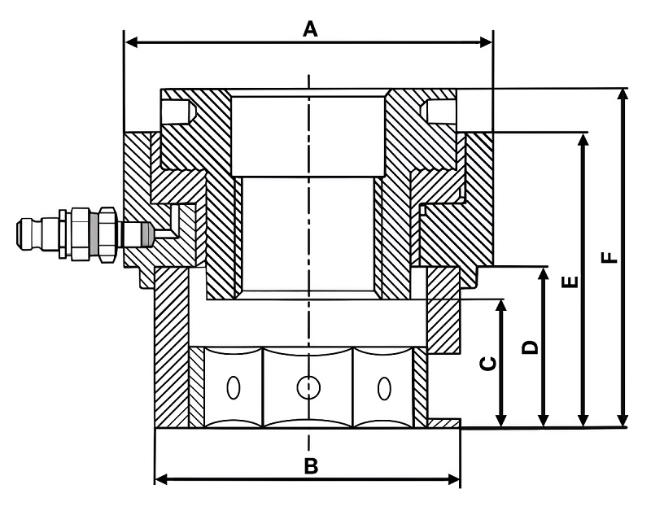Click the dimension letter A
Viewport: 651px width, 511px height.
(x=310, y=29)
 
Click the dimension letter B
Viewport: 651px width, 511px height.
(x=311, y=466)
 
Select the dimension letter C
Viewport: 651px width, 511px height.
(x=487, y=363)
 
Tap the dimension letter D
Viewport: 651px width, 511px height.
(x=530, y=347)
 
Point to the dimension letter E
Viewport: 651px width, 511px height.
(x=570, y=282)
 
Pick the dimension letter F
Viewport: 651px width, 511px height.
(x=609, y=258)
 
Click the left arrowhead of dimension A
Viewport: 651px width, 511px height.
(x=132, y=42)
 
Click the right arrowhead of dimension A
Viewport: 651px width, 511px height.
(x=486, y=42)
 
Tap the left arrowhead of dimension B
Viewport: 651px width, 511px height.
(x=161, y=479)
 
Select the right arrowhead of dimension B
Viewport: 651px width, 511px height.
(x=454, y=479)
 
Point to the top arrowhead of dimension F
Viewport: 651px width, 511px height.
(x=622, y=95)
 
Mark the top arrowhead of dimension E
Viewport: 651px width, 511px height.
(x=583, y=140)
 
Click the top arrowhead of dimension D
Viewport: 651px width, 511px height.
(x=543, y=274)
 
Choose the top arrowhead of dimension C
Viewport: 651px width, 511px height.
(x=501, y=306)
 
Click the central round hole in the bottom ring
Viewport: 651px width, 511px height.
(x=308, y=387)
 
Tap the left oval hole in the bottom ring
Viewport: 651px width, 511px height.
(x=234, y=387)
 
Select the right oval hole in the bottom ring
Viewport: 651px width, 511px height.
(x=384, y=388)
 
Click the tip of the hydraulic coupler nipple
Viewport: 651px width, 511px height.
(x=18, y=235)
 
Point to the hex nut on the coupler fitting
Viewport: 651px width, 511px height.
(x=107, y=234)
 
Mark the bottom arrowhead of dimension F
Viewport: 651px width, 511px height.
(x=622, y=420)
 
